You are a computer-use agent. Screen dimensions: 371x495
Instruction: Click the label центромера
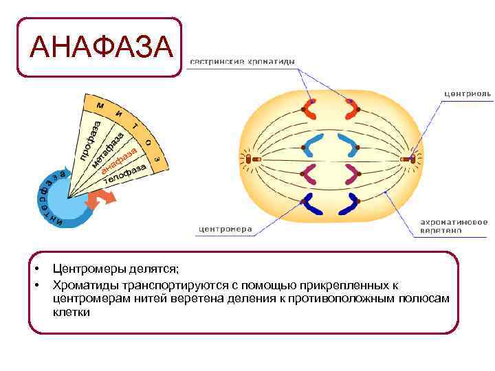[225, 229]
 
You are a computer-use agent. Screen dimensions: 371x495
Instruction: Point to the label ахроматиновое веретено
[454, 227]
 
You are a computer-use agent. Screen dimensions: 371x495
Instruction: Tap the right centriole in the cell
[412, 159]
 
